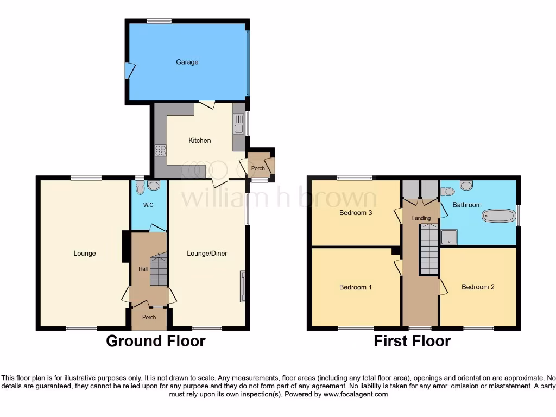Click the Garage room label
coord(187,62)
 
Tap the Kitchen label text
coord(199,141)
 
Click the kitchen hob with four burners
coord(161,150)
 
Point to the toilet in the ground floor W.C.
coord(141,188)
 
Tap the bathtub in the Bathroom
coord(498,216)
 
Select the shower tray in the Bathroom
coord(450,237)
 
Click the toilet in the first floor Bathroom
coord(447,191)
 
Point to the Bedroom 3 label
coord(356,213)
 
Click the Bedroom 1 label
coord(356,287)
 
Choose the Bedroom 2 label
coord(478,287)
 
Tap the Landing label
coord(421,218)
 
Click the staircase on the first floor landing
coord(428,250)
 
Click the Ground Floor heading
coord(155,341)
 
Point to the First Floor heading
coord(412,341)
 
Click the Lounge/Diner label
coord(207,254)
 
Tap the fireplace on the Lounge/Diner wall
coord(243,286)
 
